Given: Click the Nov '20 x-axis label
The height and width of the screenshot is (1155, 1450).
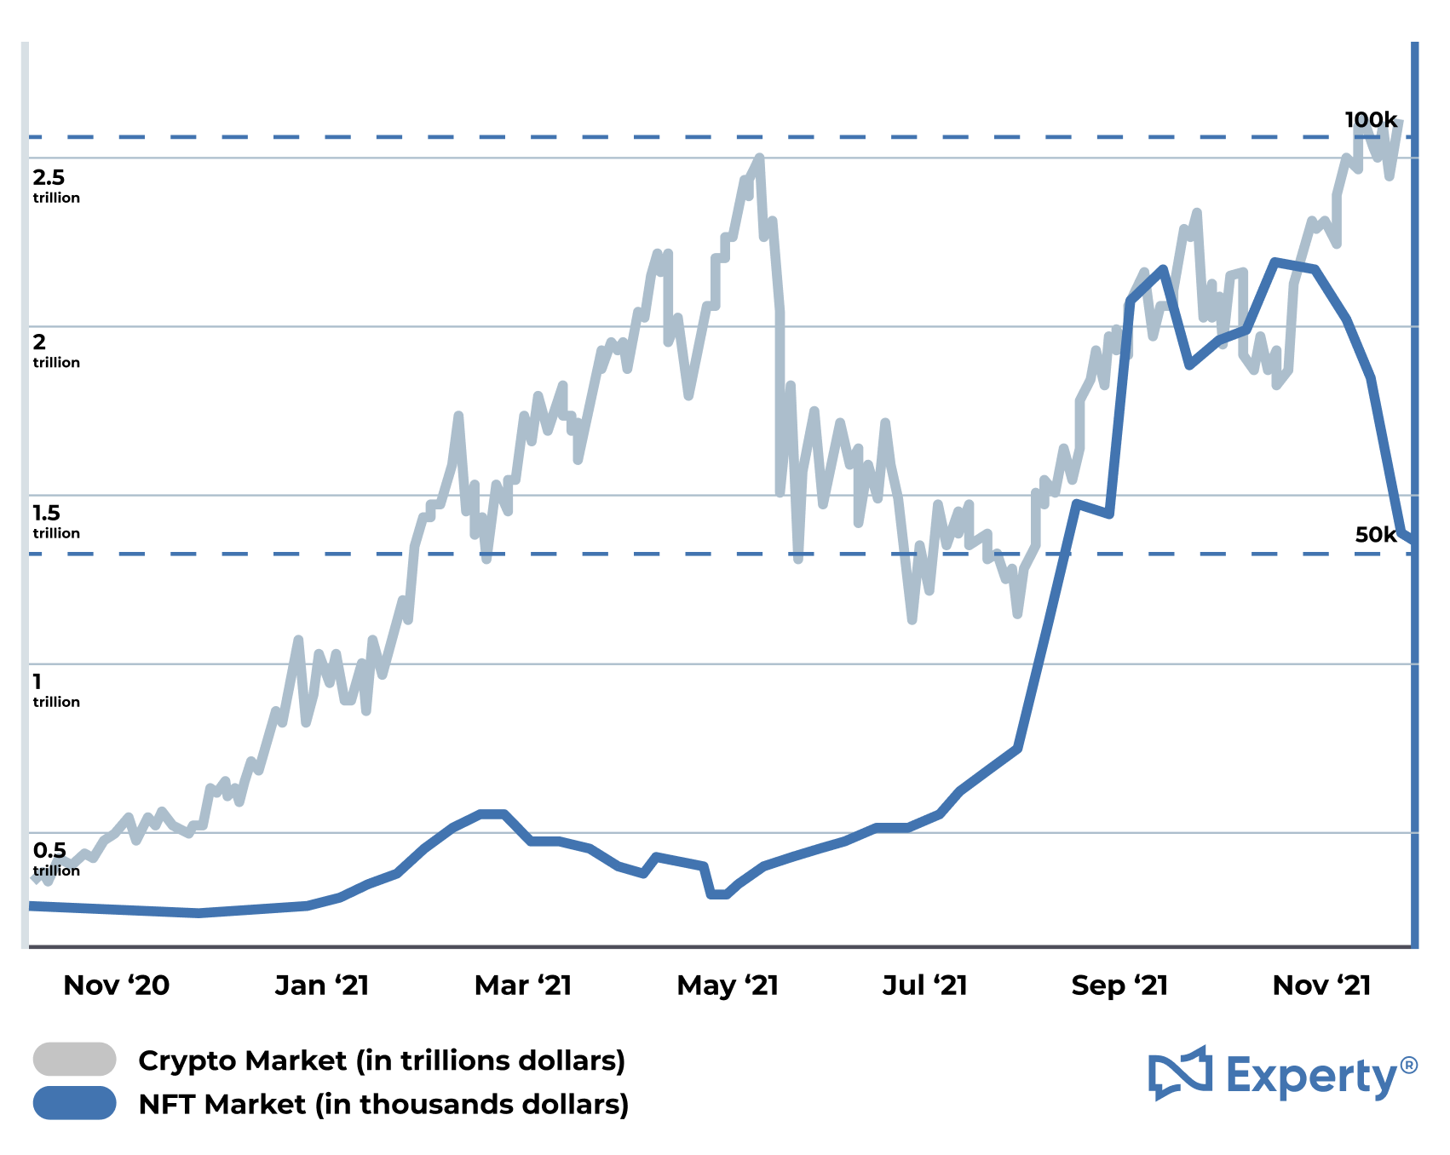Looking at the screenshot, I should click(117, 985).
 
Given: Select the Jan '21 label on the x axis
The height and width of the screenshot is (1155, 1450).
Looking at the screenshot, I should click(322, 985).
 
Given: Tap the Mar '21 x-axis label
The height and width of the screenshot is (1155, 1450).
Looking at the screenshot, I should click(523, 985).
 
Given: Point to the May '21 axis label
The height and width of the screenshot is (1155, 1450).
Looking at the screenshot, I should click(728, 985).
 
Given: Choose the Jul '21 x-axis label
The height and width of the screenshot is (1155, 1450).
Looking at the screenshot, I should click(925, 985).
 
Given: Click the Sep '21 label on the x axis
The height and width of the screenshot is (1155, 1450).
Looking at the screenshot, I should click(1119, 985).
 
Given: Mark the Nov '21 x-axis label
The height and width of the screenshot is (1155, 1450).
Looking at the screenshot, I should click(1321, 985).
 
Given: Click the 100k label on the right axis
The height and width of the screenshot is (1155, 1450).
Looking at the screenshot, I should click(1371, 120).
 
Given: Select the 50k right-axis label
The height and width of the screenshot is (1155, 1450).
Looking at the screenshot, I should click(1376, 535).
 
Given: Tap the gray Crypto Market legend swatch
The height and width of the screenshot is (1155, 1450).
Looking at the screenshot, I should click(75, 1059).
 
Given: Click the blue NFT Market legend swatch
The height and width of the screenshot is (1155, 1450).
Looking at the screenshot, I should click(75, 1103).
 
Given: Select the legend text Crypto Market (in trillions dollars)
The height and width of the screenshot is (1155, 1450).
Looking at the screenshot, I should click(382, 1060).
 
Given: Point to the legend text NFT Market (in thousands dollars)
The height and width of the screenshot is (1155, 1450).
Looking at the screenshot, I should click(383, 1105).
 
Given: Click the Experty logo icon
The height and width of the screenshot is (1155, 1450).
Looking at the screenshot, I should click(1180, 1072).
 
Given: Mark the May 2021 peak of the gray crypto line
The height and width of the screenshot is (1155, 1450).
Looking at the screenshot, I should click(760, 158).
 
